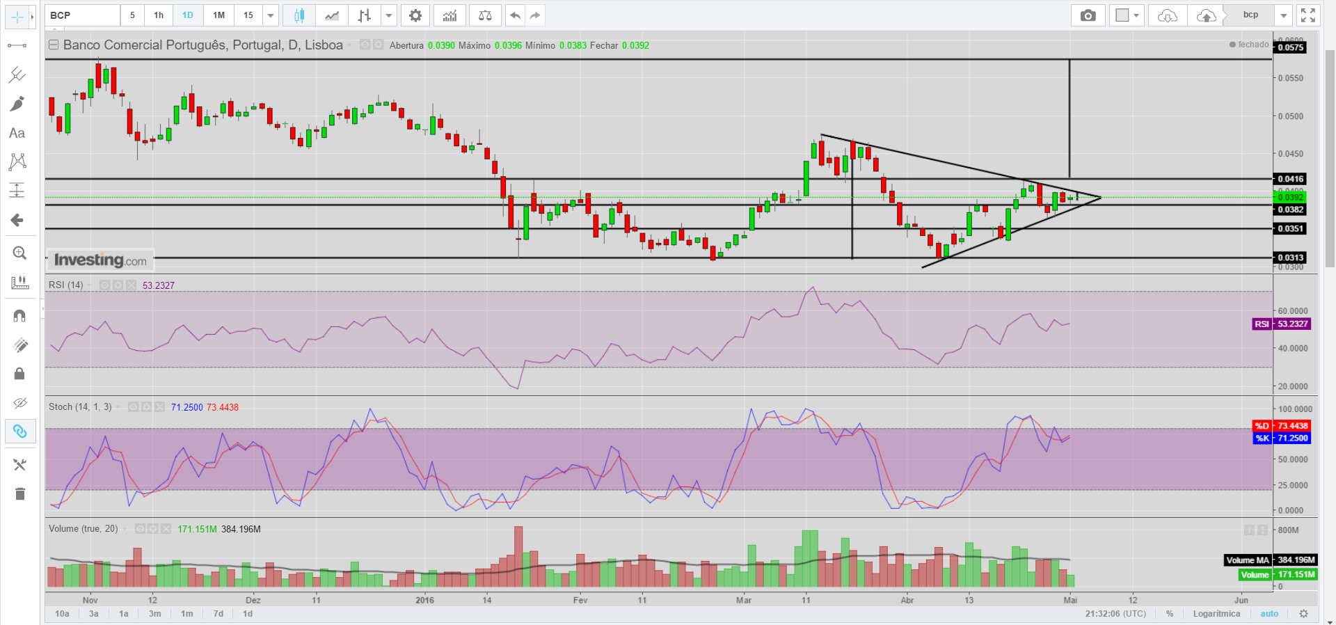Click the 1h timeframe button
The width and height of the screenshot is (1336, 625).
tap(159, 15)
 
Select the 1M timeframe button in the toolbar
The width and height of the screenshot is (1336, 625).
tap(218, 15)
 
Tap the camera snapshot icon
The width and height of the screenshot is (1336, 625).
tap(1088, 15)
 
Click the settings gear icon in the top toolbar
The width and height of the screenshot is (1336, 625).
tap(415, 15)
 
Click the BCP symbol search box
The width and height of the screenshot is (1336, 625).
tap(82, 15)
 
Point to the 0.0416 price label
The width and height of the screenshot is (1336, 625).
tap(1290, 179)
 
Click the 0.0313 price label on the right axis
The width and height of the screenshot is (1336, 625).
tap(1290, 258)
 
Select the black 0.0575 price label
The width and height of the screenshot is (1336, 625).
tap(1290, 47)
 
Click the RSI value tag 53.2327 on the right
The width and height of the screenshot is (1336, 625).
tap(1291, 324)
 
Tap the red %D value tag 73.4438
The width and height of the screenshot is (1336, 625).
tap(1291, 426)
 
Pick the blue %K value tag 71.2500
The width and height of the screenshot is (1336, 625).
tap(1291, 438)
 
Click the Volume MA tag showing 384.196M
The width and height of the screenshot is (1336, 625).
tap(1296, 560)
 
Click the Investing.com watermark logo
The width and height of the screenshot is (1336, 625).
tap(100, 260)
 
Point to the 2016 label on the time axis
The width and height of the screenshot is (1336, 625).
tap(424, 600)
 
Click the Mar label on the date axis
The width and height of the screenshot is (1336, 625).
tap(744, 600)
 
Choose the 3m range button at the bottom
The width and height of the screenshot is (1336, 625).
tap(154, 614)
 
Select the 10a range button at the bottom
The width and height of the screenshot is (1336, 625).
tap(62, 614)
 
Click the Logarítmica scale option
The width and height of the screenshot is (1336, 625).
tap(1216, 614)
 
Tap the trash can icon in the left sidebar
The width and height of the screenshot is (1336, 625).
tap(19, 494)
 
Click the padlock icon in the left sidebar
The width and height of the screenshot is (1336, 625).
tap(19, 374)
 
